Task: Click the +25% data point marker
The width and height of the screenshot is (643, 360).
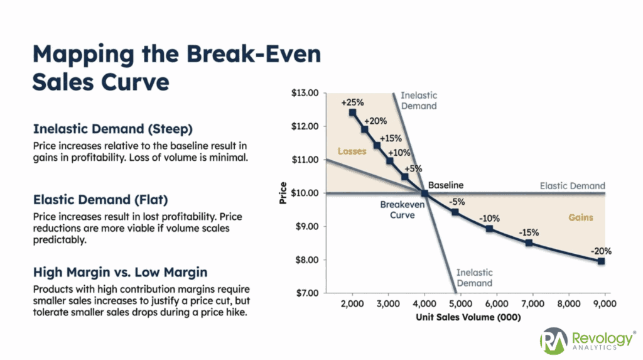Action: click(352, 112)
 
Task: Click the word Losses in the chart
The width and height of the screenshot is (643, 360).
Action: click(352, 151)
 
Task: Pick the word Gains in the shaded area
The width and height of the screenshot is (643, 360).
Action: click(581, 217)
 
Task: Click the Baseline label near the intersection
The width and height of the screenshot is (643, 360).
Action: click(446, 185)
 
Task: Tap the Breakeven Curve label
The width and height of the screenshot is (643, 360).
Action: click(397, 210)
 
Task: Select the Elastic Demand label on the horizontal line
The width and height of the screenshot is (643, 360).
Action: click(572, 186)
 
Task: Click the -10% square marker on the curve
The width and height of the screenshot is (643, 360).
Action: click(489, 229)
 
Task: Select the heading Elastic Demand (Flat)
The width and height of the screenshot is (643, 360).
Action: click(100, 200)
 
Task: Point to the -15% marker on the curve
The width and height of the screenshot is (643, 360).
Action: click(529, 243)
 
